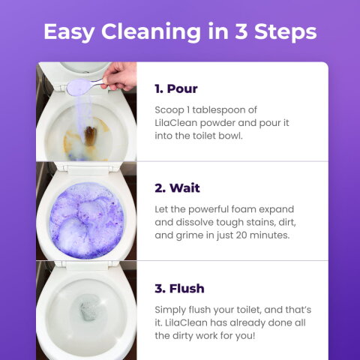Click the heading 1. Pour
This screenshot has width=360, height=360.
[x=176, y=88]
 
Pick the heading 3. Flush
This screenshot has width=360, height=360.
[x=179, y=288]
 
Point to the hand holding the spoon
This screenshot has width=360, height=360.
[x=120, y=75]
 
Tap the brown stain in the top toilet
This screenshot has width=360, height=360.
[x=88, y=137]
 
